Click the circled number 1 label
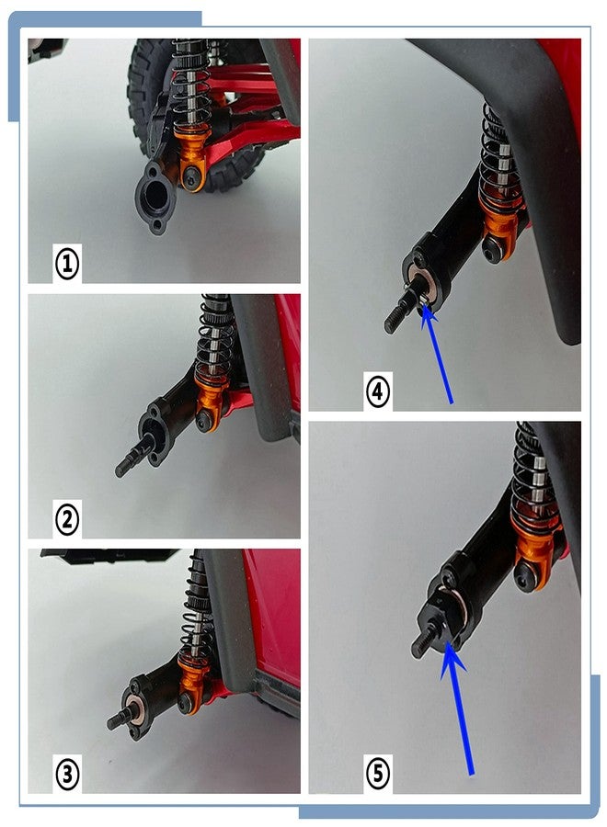pos(67,264)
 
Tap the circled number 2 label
pos(67,519)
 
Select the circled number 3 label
pos(67,775)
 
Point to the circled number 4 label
pos(378,391)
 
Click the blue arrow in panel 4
pos(438,355)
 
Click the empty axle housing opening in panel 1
pos(156,197)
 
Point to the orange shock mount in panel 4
pos(498,230)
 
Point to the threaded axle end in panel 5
pos(423,640)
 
